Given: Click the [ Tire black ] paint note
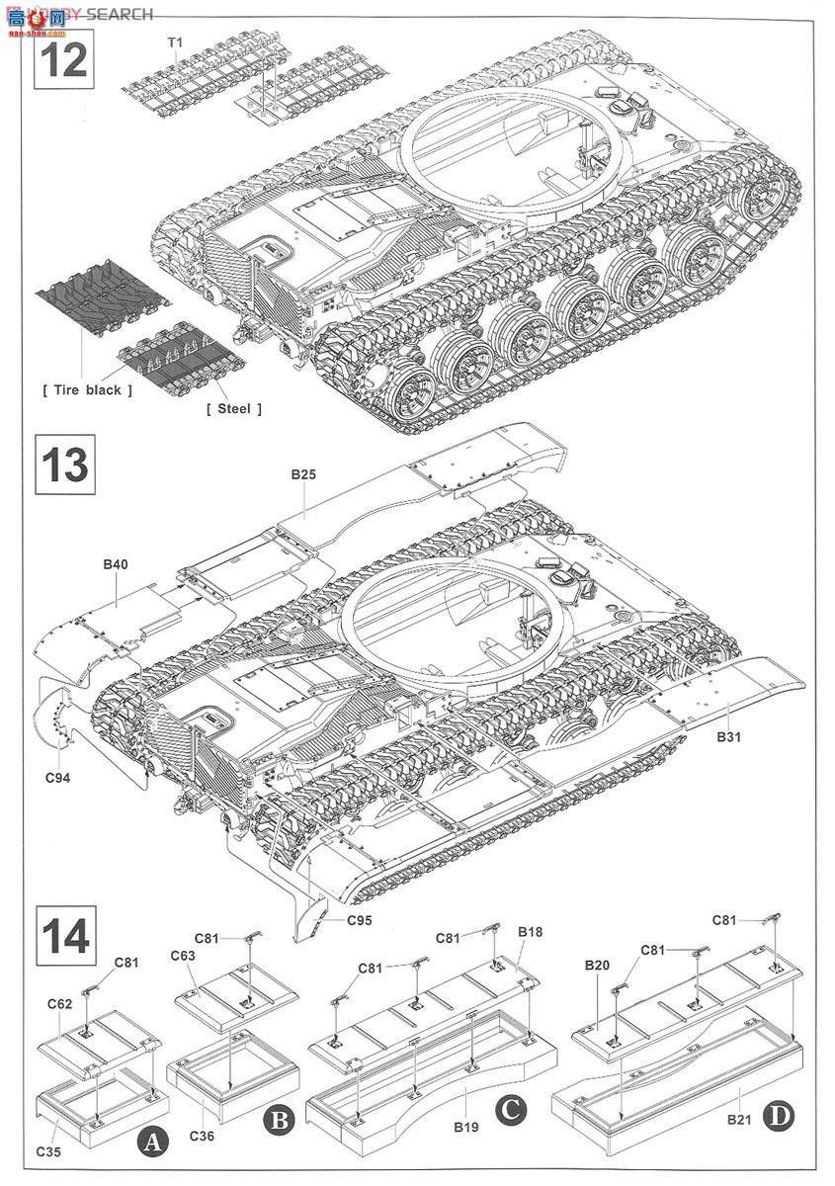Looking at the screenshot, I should (x=88, y=389).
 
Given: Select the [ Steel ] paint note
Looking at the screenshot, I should (x=234, y=408).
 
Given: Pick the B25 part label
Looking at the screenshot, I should (x=303, y=475).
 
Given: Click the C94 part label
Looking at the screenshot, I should (x=57, y=777).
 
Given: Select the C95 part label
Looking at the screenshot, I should (x=360, y=920).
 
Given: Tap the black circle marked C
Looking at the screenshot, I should (x=509, y=1108).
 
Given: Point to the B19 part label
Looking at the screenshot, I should (x=465, y=1125).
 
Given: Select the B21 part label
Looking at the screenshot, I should (x=739, y=1119).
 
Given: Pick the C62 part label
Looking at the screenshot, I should (x=59, y=1003).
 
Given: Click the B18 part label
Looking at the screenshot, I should (x=530, y=932).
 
